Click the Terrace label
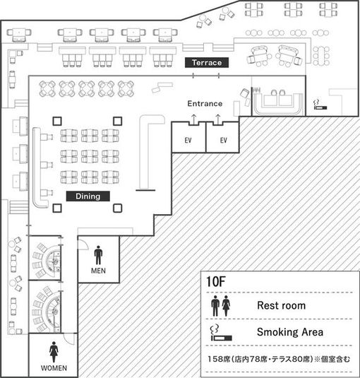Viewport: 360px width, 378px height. (207, 63)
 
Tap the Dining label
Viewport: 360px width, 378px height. (88, 196)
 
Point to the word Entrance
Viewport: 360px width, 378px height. (205, 104)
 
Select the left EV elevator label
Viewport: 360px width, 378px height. (188, 141)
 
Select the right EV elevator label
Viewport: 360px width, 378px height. (224, 141)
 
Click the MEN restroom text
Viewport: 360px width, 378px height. (98, 271)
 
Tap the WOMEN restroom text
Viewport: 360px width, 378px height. (54, 368)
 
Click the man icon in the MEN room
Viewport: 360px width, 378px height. (98, 255)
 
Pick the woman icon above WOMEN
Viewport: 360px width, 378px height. (54, 352)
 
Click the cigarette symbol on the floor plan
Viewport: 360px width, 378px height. (320, 105)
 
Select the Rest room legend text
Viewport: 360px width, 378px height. (282, 305)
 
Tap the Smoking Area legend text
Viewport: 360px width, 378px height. (290, 332)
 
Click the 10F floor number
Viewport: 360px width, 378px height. (216, 281)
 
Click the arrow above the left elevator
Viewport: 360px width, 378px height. (193, 119)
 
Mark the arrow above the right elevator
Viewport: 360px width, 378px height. (217, 119)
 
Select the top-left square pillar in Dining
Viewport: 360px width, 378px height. (57, 121)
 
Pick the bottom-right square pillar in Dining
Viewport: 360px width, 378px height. (117, 208)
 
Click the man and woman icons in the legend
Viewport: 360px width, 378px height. (220, 306)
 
